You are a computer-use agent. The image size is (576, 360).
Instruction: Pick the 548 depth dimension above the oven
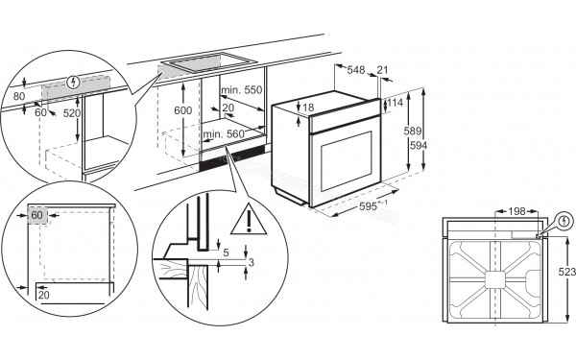(355, 70)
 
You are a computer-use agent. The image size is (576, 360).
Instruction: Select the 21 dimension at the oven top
(384, 70)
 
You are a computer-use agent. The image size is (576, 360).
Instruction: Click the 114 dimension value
(396, 103)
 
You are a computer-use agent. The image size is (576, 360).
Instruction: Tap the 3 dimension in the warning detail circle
(252, 262)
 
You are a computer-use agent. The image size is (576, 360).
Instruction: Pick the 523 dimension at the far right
(564, 273)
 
